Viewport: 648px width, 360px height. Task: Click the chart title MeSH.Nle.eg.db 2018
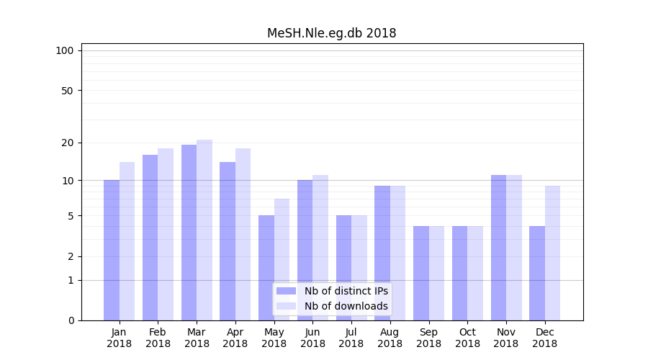click(331, 33)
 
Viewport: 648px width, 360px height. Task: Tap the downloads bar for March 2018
click(204, 230)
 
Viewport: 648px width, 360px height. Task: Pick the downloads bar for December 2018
click(552, 253)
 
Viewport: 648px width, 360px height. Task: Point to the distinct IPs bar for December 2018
click(537, 273)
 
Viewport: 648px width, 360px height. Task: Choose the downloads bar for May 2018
click(282, 259)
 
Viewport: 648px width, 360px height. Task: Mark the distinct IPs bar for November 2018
click(498, 248)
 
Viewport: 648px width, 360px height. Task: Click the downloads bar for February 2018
click(166, 234)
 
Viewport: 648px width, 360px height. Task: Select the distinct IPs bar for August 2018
click(382, 253)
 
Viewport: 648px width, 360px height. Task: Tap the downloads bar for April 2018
click(243, 234)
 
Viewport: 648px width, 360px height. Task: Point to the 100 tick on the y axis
click(65, 50)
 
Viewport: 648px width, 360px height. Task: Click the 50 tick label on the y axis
click(67, 91)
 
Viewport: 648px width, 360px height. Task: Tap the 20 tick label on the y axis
click(67, 143)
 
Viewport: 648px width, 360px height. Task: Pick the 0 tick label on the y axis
click(71, 320)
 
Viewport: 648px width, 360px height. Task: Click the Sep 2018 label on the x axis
click(428, 338)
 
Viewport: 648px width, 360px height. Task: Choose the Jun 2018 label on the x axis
click(312, 338)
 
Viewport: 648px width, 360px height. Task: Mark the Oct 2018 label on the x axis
click(467, 338)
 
